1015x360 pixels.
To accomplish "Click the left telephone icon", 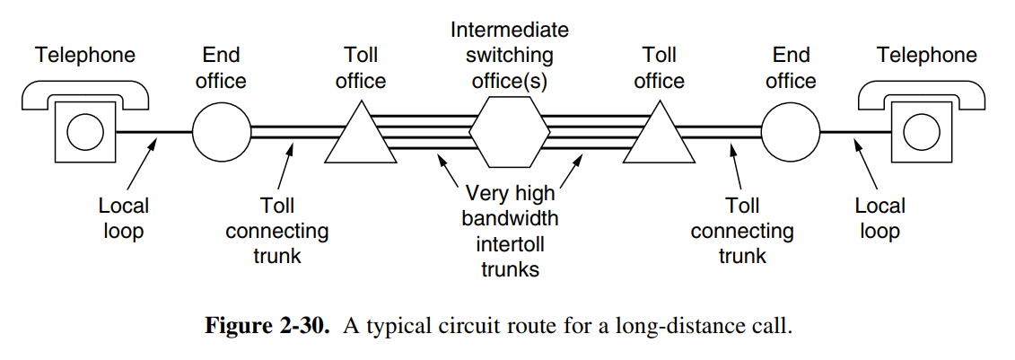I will [x=85, y=121].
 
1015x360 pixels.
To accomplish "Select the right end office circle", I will [x=791, y=132].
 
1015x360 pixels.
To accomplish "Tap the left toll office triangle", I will [x=360, y=136].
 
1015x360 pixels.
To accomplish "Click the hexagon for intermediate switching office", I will [x=510, y=132].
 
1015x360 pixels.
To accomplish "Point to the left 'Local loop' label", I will [x=124, y=218].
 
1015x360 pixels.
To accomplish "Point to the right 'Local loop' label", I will [x=879, y=218].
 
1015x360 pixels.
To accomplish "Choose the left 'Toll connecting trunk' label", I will [x=277, y=231].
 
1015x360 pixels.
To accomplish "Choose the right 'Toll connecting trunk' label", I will [x=742, y=231].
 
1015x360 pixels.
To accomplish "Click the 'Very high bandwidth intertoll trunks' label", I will [x=510, y=231].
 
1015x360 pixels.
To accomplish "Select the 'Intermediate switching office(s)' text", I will [x=510, y=55].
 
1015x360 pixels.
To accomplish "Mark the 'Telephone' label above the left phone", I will [x=85, y=56].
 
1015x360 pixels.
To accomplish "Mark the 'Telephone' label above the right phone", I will [x=927, y=56].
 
